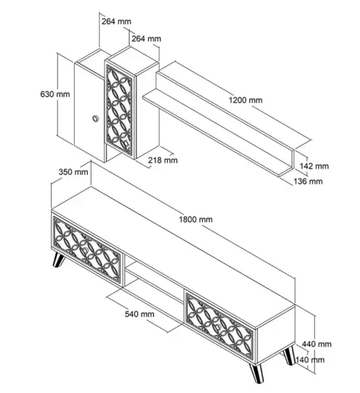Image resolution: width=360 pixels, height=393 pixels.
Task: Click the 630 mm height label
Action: point(55,94)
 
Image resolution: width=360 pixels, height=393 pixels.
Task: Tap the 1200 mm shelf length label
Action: point(246,100)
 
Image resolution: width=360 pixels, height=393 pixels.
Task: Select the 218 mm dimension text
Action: point(162,160)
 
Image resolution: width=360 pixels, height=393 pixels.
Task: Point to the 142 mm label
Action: point(314,166)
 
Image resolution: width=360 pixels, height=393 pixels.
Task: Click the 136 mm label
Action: point(308,182)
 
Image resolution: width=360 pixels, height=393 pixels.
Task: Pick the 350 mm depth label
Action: point(73,172)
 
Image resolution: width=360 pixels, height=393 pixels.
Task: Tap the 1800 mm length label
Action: point(196,219)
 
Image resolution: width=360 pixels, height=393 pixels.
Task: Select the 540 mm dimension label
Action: point(140,314)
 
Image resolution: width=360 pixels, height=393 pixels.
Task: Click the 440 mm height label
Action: point(317,344)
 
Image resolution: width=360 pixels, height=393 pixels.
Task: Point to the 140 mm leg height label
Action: point(310,359)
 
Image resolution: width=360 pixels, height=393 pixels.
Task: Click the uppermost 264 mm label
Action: point(117,21)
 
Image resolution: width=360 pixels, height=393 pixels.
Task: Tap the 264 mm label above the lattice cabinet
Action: point(146,39)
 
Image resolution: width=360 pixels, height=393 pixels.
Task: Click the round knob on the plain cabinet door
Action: point(95,118)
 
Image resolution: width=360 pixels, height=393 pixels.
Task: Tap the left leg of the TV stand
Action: point(58,260)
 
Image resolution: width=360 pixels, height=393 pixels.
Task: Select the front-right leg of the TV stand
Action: point(256,373)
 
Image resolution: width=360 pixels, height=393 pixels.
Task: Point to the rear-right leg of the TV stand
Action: point(289,356)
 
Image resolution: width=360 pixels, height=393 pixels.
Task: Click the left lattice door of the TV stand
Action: point(87,250)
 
